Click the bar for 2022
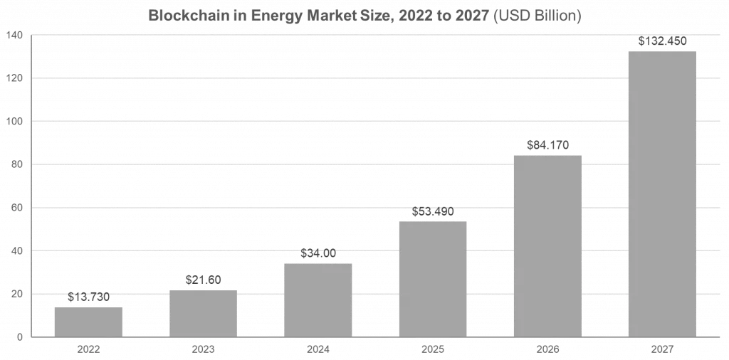click(88, 322)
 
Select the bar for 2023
click(203, 314)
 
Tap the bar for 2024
click(318, 300)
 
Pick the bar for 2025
click(432, 279)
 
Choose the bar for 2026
click(547, 245)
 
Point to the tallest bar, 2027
click(661, 194)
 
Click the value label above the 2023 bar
click(203, 280)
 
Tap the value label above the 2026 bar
click(547, 144)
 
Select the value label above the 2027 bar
click(661, 41)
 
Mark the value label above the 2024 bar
click(318, 253)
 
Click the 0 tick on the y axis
click(20, 337)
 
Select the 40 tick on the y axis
click(16, 251)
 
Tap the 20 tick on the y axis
click(16, 294)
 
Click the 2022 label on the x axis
click(88, 349)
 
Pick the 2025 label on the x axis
click(432, 349)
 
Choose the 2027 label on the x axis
click(661, 349)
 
